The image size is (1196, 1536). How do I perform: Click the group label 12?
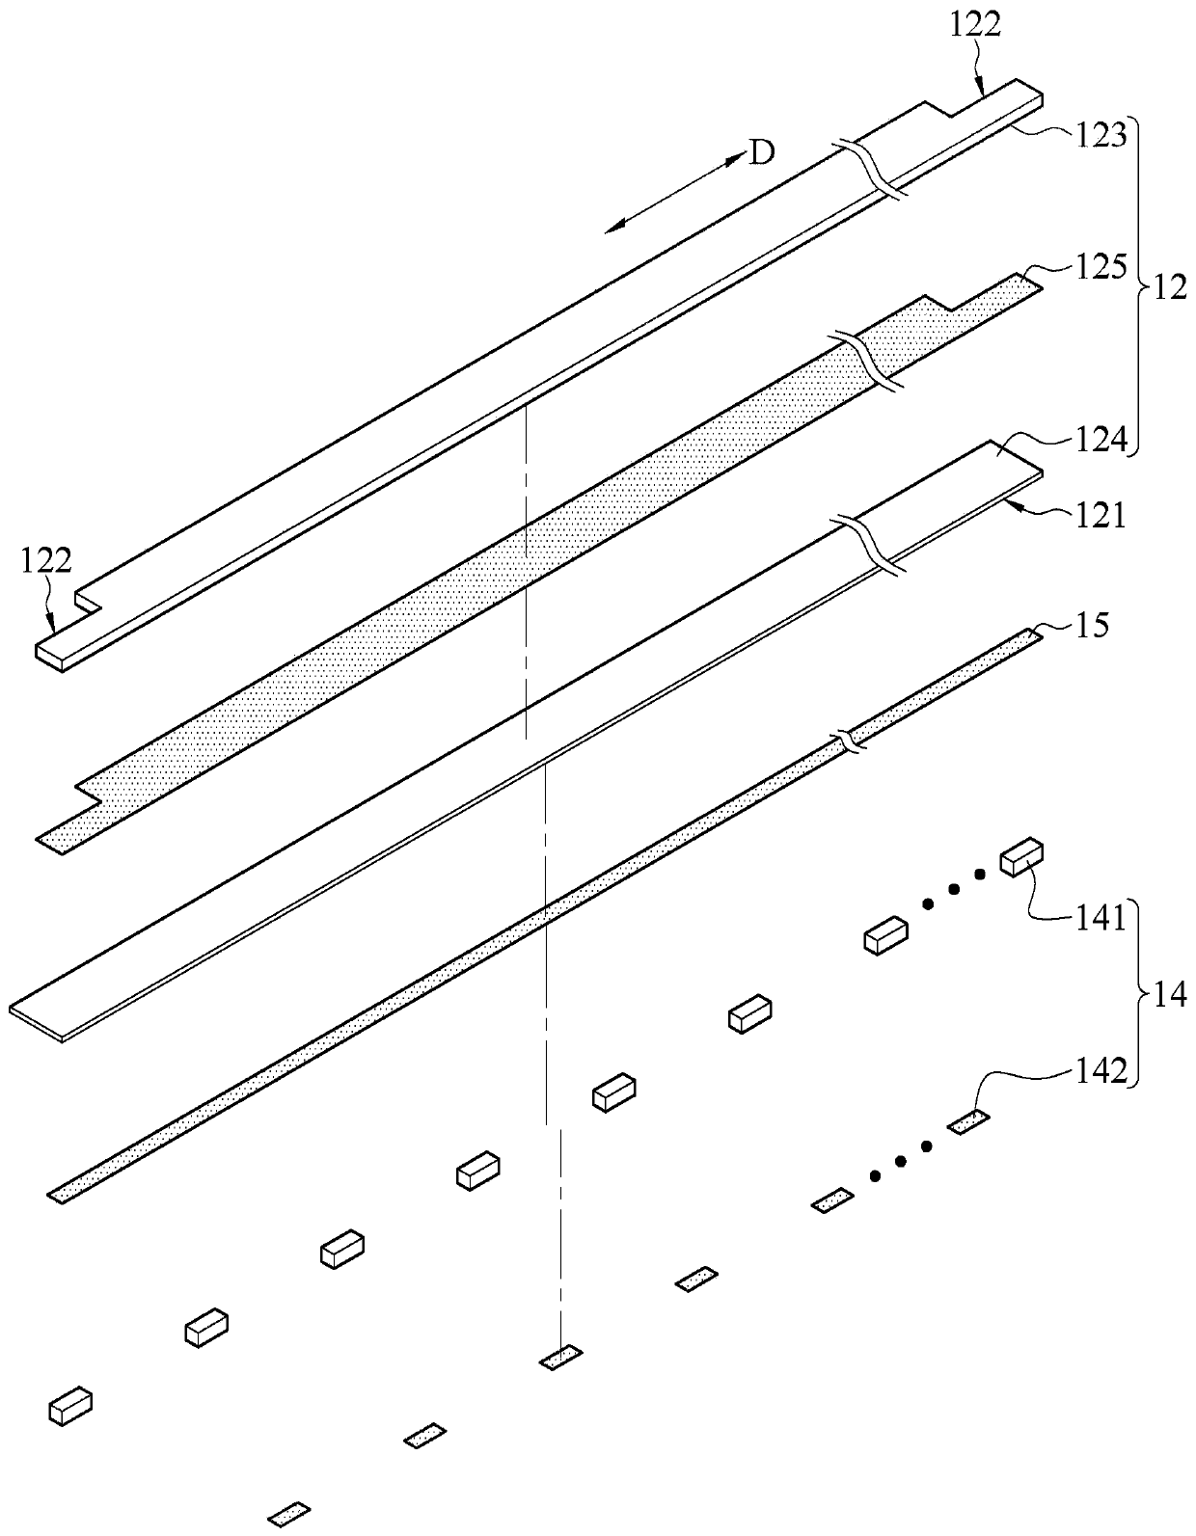coord(1170,287)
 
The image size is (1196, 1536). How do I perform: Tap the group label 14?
coord(1170,994)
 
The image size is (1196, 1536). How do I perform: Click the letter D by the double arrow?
coord(762,153)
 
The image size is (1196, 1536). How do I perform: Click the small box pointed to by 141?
coord(1022,857)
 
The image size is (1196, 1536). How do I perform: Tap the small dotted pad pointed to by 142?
coord(968,1122)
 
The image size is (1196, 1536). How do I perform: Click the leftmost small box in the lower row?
coord(70,1406)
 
